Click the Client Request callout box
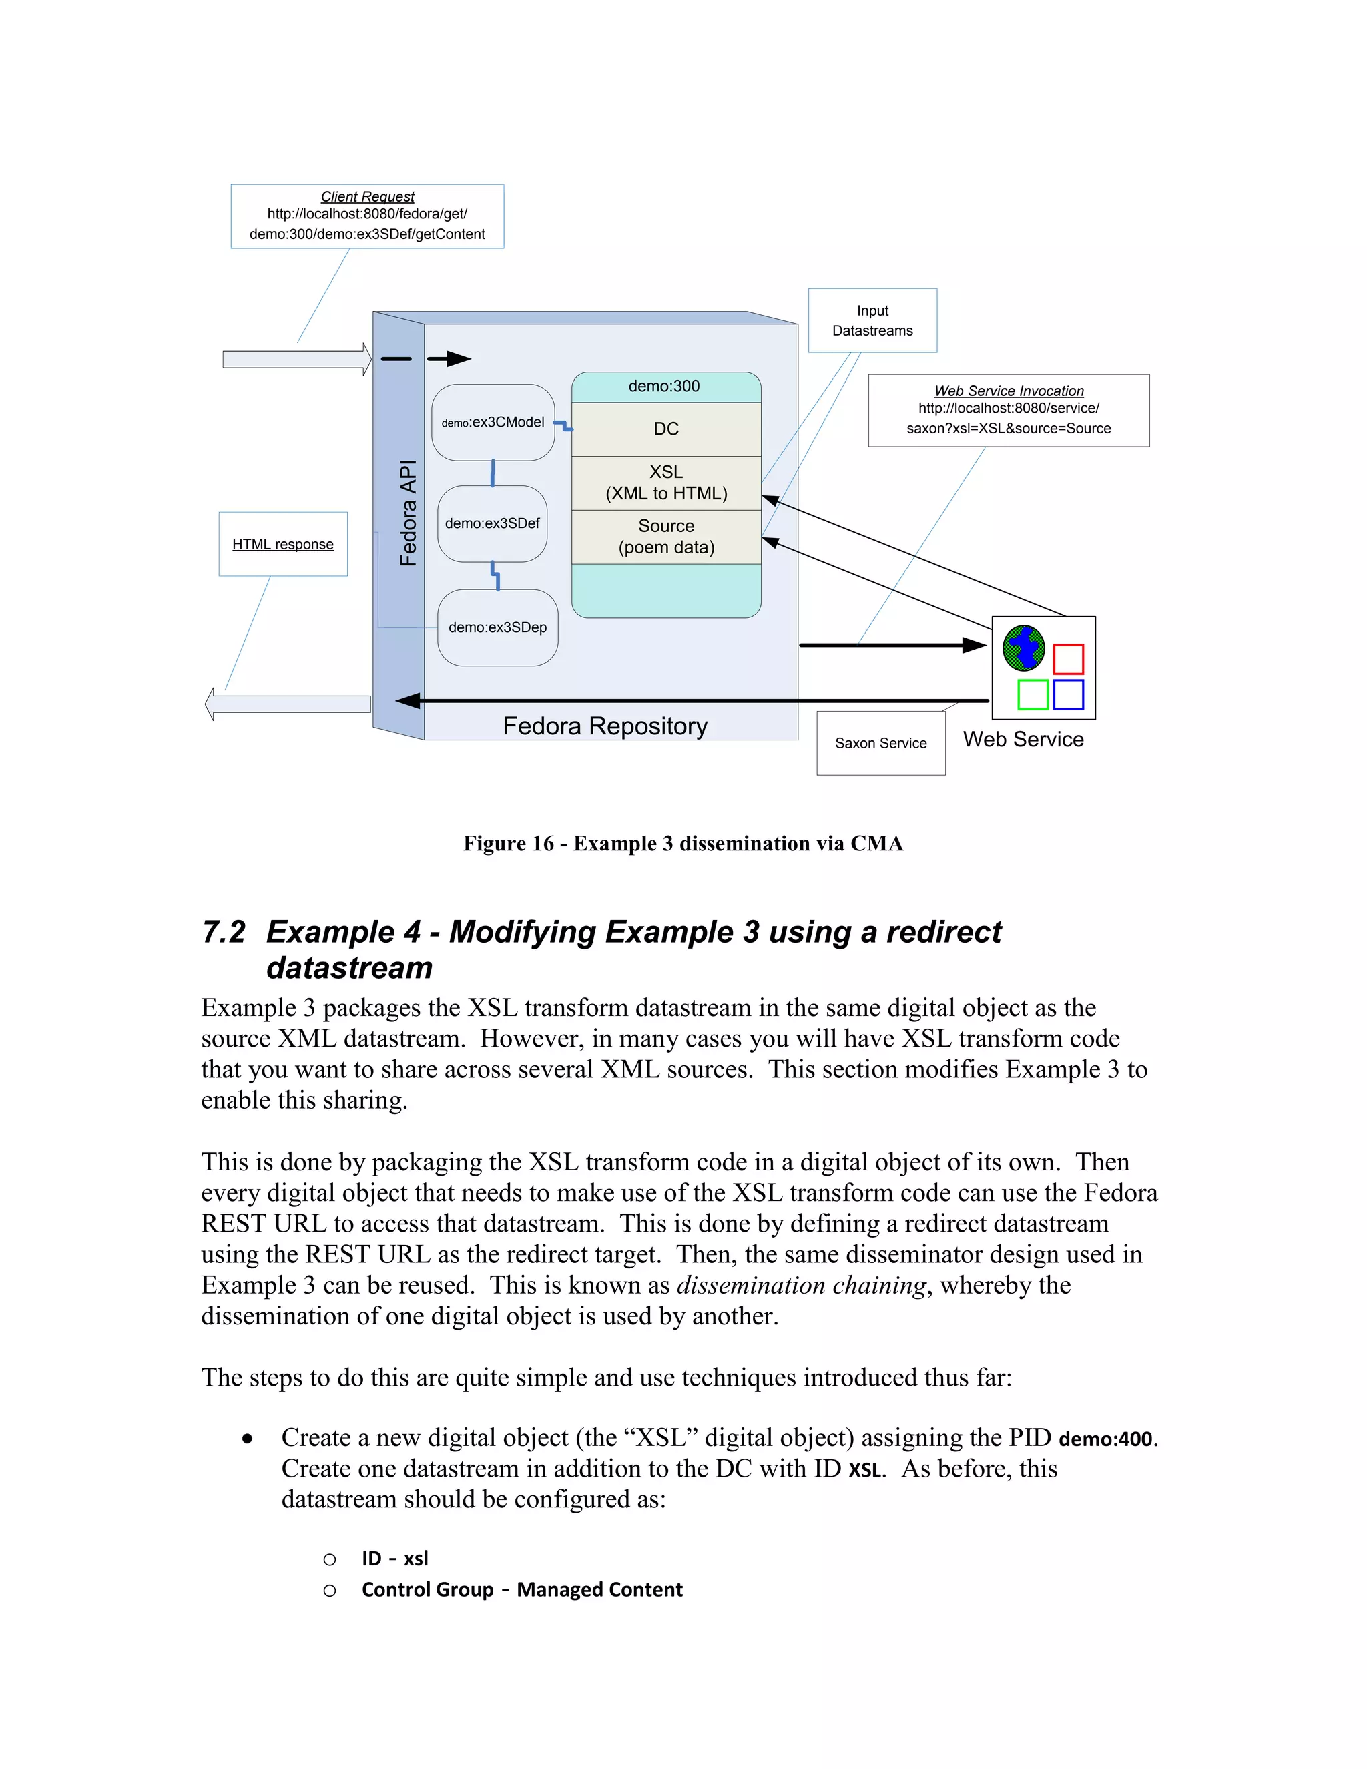coord(367,216)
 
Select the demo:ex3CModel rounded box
coord(493,422)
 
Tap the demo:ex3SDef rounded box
coord(493,523)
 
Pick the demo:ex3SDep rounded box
coord(497,627)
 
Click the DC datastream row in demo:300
coord(665,429)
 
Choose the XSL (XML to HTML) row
coord(665,483)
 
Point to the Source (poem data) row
coord(665,536)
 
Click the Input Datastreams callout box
coord(872,320)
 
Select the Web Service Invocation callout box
coord(1009,410)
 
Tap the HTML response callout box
coord(282,544)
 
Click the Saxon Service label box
coord(880,743)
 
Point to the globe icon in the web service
coord(1024,648)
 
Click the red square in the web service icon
coord(1068,658)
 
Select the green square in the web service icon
coord(1033,694)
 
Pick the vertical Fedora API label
coord(408,513)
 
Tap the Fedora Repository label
coord(605,726)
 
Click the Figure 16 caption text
coord(683,843)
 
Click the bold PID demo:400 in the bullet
coord(1105,1439)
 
